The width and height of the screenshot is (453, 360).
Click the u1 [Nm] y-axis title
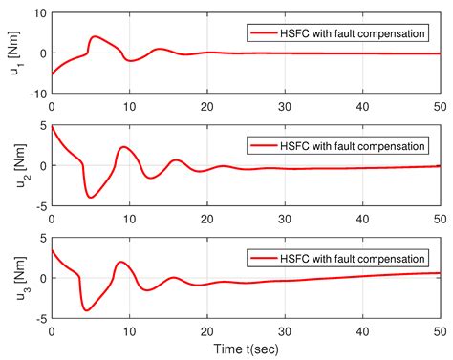(13, 53)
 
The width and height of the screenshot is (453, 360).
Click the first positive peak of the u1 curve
(94, 37)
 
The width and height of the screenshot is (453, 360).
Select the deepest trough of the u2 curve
(91, 197)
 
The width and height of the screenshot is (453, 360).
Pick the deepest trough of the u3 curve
(87, 310)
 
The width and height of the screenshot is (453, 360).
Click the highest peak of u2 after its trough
(124, 147)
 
